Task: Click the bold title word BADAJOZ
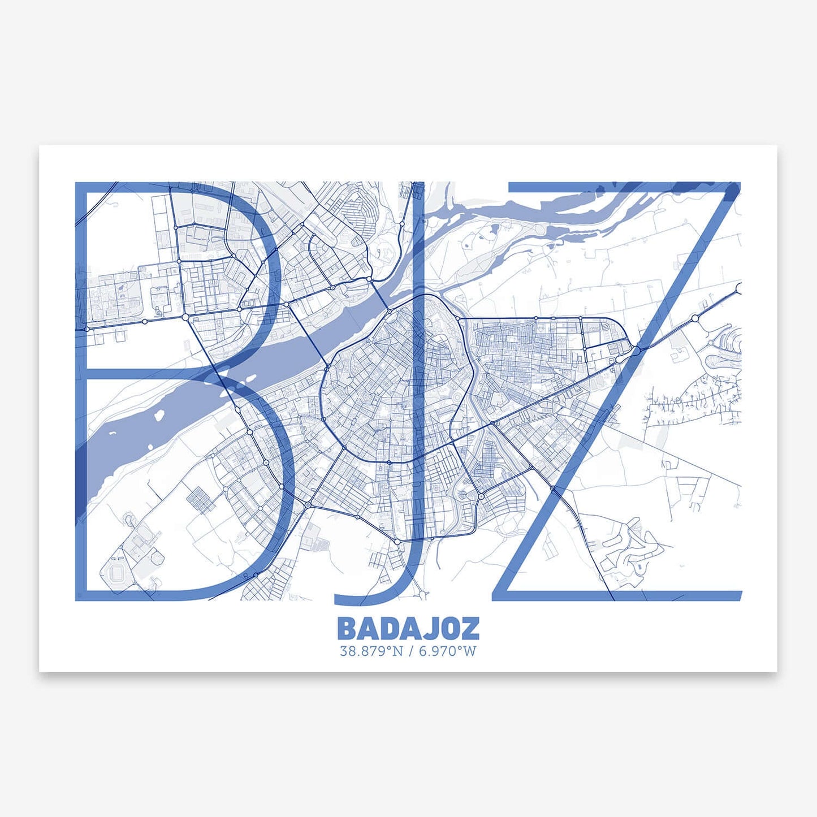(408, 628)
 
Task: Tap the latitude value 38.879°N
(371, 651)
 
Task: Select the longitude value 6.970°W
(447, 651)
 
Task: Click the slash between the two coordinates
(410, 651)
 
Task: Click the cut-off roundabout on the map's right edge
(738, 288)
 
